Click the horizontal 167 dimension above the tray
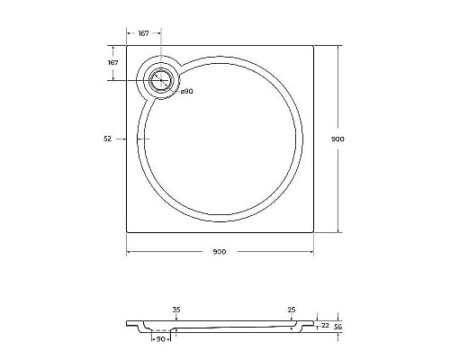pos(143,33)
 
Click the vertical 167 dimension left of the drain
pos(113,63)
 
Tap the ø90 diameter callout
pos(187,91)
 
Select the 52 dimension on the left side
pos(108,139)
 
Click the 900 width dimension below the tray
pos(220,251)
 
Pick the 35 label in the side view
pos(175,309)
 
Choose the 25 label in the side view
pos(292,309)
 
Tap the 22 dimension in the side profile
pos(324,325)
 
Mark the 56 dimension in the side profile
pos(338,327)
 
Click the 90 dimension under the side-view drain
pos(161,339)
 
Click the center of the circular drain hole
pos(161,79)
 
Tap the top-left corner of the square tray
pos(125,47)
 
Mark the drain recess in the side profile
pos(161,330)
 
